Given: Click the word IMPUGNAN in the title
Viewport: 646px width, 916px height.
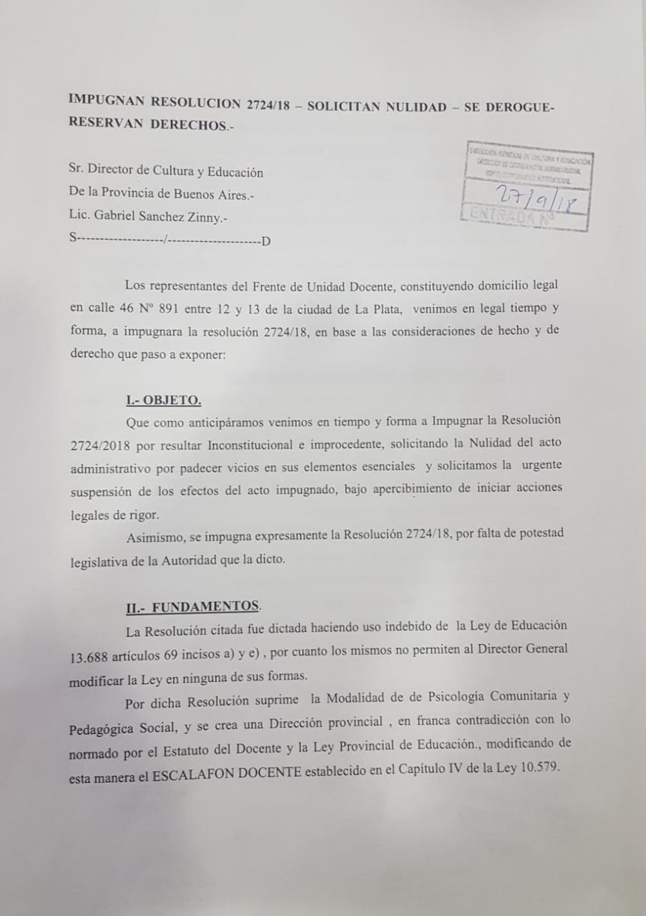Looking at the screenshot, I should [102, 100].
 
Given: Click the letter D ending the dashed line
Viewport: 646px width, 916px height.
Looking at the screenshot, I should [266, 242].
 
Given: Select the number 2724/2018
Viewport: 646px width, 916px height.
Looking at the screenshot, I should [99, 444].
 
